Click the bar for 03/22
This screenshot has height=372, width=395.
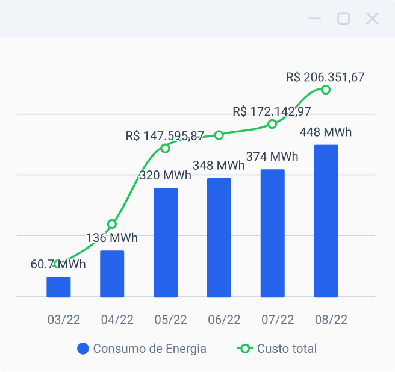58,287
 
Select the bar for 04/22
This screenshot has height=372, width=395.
112,274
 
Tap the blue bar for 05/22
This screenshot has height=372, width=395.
166,243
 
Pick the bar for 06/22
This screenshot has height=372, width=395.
219,238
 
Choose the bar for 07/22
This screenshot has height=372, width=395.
272,234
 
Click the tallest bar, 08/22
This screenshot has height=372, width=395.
326,221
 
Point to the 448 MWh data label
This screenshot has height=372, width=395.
326,132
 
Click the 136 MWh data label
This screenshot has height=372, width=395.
112,238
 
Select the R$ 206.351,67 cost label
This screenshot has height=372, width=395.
325,77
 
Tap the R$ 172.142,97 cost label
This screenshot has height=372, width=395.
272,111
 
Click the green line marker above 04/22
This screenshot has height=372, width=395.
112,224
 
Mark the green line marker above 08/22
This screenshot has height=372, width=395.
326,90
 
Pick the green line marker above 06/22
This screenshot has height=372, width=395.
219,135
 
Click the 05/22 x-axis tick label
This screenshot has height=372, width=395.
170,320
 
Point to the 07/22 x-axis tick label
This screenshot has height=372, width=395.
278,320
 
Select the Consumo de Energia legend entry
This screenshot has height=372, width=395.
142,349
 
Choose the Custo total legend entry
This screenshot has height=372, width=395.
278,349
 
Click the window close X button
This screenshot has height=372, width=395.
372,19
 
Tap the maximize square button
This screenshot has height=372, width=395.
343,19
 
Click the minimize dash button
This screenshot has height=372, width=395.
314,19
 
